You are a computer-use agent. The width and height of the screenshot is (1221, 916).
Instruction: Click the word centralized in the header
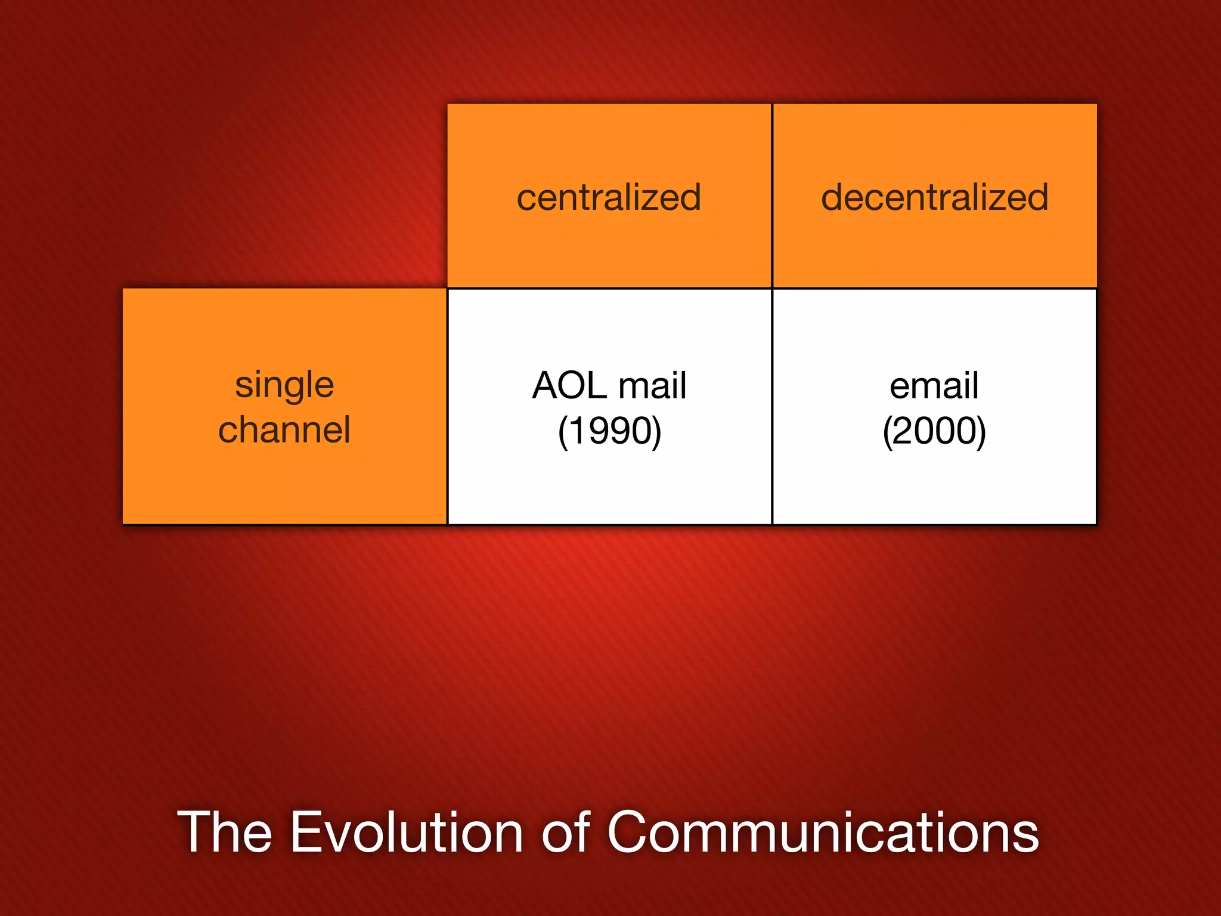[x=609, y=197]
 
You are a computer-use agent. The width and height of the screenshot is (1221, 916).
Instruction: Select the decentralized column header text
[x=934, y=197]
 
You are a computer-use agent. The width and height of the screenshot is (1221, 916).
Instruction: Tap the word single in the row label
[x=284, y=385]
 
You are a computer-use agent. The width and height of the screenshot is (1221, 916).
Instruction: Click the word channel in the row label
[x=284, y=430]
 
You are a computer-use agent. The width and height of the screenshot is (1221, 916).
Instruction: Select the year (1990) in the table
[x=609, y=431]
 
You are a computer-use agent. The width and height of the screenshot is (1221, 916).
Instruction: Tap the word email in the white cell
[x=934, y=385]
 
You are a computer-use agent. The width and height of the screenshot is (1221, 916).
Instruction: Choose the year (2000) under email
[x=934, y=431]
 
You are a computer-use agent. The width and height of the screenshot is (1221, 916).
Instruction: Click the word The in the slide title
[x=225, y=833]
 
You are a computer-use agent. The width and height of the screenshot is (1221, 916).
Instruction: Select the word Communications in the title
[x=823, y=833]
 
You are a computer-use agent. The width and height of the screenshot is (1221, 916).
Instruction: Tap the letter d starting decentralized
[x=832, y=197]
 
